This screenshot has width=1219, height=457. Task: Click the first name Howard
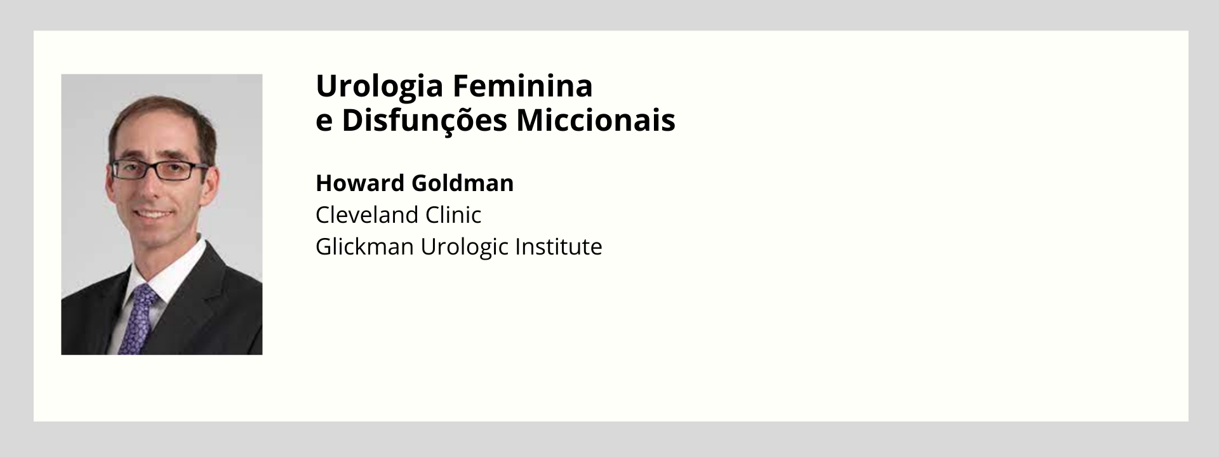pyautogui.click(x=359, y=183)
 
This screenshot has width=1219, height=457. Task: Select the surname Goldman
pyautogui.click(x=463, y=183)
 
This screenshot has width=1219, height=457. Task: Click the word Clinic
pyautogui.click(x=453, y=215)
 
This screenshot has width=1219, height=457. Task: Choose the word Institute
pyautogui.click(x=559, y=246)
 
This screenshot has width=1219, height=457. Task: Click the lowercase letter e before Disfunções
pyautogui.click(x=324, y=123)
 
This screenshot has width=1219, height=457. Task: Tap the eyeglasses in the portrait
pyautogui.click(x=159, y=169)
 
